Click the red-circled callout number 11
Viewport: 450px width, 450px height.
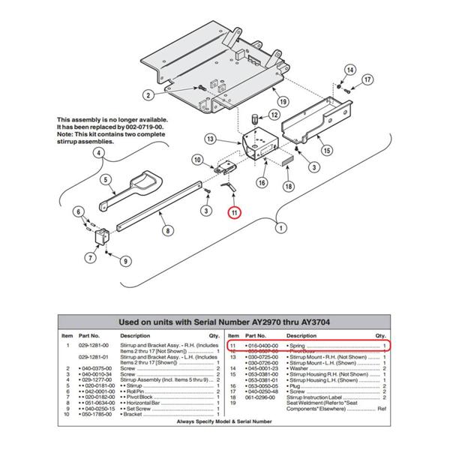point(235,213)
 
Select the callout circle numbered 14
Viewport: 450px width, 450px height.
point(349,70)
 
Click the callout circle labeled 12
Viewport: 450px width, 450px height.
point(274,115)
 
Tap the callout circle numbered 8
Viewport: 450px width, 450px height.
point(167,232)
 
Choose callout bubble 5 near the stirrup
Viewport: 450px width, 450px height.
point(106,179)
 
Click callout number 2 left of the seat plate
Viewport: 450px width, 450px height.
point(148,94)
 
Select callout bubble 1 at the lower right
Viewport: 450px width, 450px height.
point(281,226)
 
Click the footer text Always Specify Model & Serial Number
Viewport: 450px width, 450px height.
point(224,421)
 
